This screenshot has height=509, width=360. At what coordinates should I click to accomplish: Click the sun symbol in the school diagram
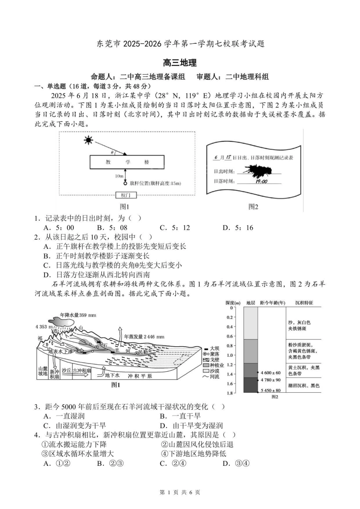coord(89,141)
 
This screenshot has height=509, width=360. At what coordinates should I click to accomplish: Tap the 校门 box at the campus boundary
coord(126,195)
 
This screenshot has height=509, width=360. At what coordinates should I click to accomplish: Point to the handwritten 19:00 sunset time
coord(261,181)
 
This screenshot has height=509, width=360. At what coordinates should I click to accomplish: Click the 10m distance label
coord(119,176)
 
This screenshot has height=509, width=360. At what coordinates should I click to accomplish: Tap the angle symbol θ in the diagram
coord(117,152)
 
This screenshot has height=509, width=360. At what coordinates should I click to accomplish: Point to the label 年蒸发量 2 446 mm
coord(144,336)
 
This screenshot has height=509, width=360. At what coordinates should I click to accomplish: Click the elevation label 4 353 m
coord(44,326)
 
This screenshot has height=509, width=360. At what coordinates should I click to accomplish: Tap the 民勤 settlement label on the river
coord(143,352)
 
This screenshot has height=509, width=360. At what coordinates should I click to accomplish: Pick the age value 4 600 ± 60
coord(271,373)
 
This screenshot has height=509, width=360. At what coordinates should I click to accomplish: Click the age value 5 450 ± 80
coord(271,390)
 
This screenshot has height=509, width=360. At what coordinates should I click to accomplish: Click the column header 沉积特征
coord(304,303)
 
